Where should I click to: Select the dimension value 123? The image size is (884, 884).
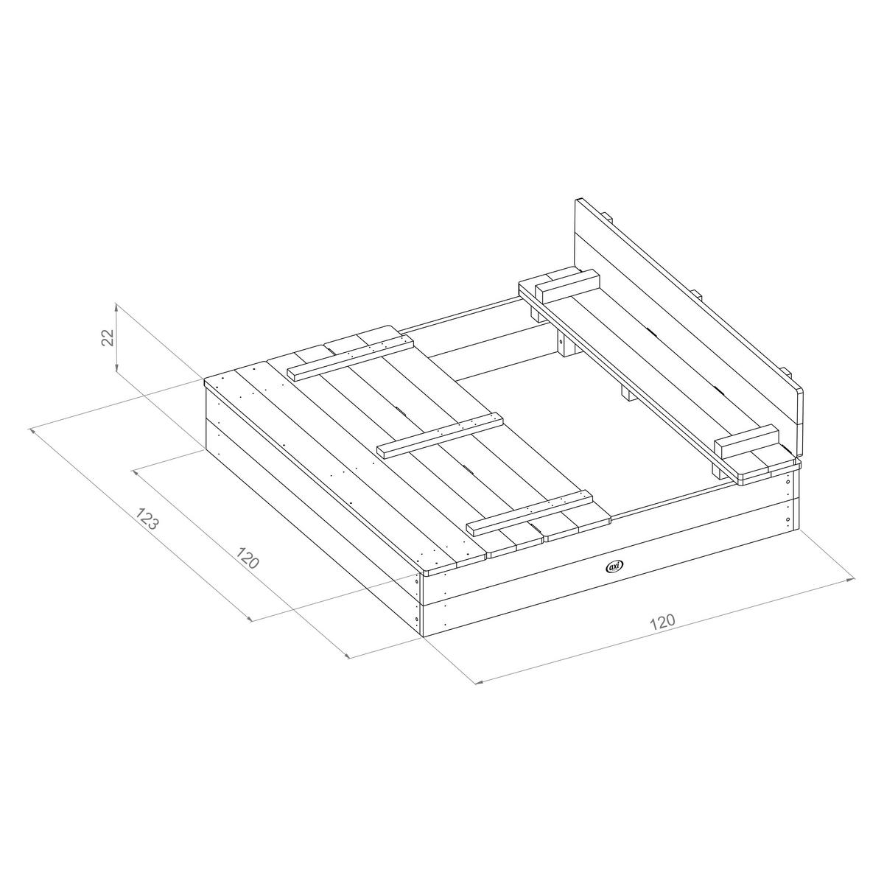click(x=147, y=519)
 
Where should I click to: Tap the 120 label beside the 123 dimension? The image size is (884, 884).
click(x=248, y=559)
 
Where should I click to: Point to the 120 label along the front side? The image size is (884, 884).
click(x=662, y=621)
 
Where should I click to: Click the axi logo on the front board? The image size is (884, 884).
click(x=613, y=566)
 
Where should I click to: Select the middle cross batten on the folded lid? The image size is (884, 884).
click(x=440, y=435)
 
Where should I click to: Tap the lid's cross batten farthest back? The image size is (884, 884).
click(x=349, y=357)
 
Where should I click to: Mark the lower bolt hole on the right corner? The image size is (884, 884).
click(x=789, y=520)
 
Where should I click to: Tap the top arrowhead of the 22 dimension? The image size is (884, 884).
click(x=116, y=305)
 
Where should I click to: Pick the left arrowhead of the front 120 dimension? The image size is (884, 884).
click(x=477, y=683)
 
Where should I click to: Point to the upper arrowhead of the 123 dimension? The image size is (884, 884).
click(x=31, y=429)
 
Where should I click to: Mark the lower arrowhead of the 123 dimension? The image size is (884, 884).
click(x=348, y=656)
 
